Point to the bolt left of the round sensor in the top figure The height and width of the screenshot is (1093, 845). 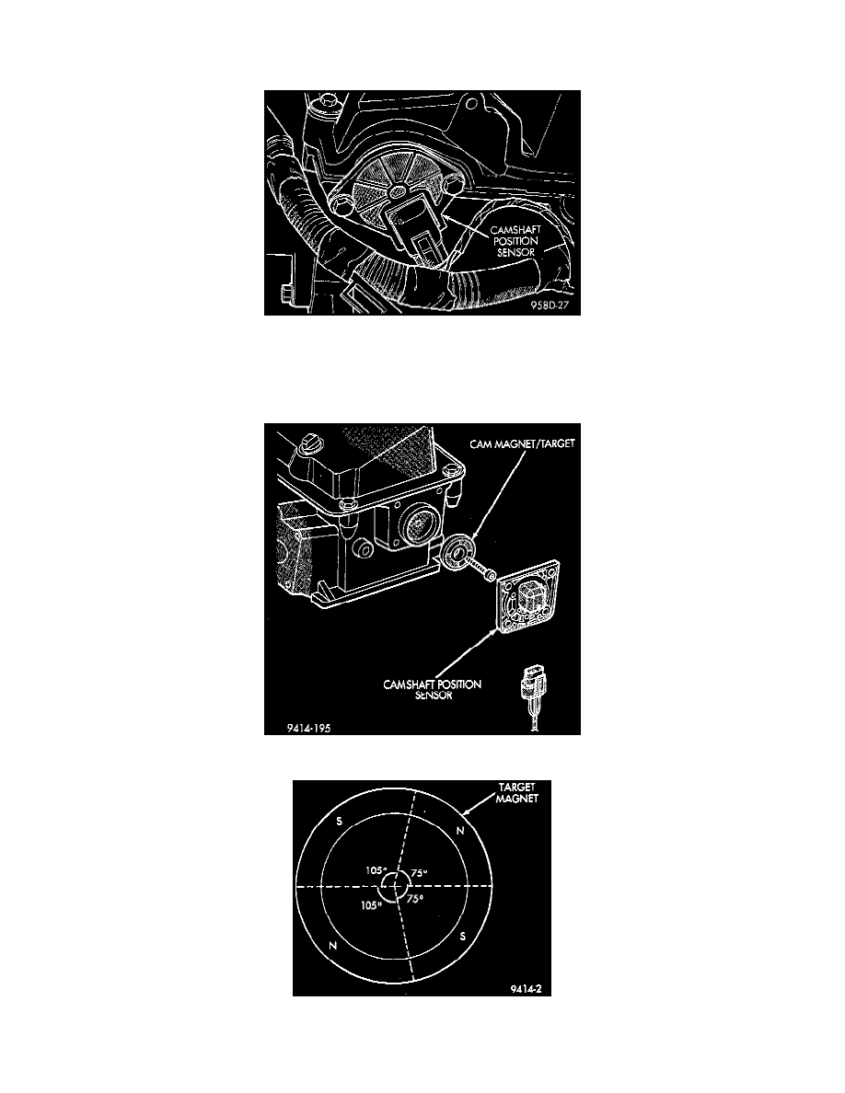(x=343, y=197)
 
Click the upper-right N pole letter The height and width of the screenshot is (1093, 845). (x=460, y=830)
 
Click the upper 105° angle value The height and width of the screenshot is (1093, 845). (x=373, y=869)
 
